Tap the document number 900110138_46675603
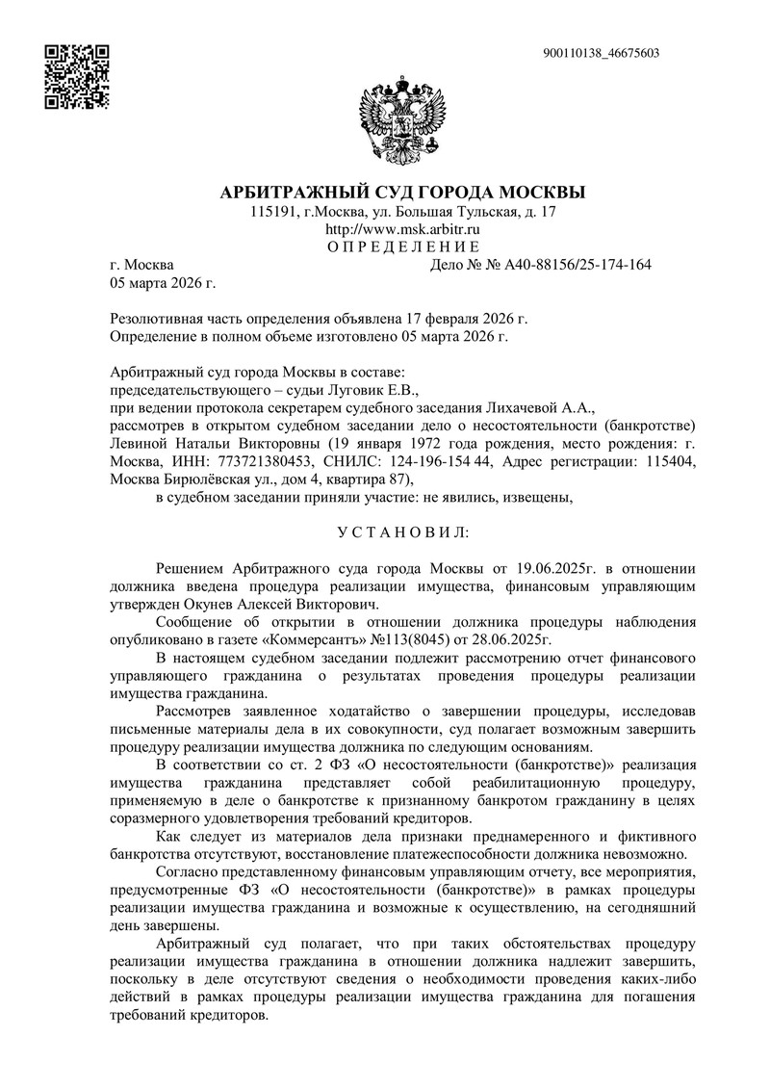(601, 53)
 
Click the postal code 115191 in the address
(271, 211)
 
